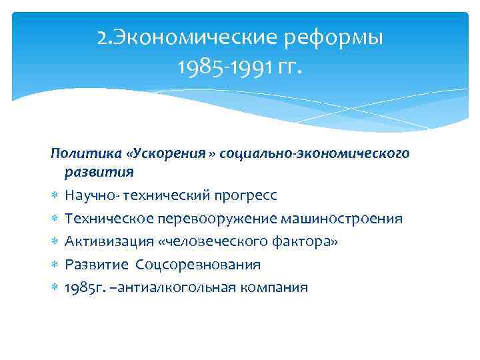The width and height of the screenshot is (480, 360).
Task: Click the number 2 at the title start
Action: coord(102,39)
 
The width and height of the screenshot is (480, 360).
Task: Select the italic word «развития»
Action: coord(99,172)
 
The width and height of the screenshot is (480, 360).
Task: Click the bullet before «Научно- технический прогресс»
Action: coord(55,196)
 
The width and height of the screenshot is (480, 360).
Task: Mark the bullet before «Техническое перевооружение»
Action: coord(55,219)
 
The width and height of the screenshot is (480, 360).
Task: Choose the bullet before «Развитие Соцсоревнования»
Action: coord(55,265)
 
